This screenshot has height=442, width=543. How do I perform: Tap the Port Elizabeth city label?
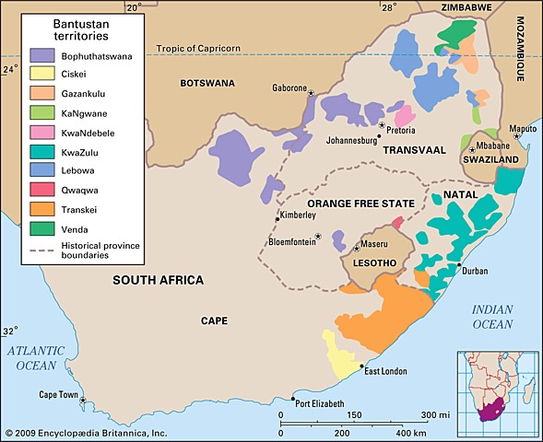[x=319, y=403]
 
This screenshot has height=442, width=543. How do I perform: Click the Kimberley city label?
[x=299, y=215]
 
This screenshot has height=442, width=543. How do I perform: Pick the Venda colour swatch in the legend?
[x=42, y=227]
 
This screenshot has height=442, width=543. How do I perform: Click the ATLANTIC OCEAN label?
[x=42, y=357]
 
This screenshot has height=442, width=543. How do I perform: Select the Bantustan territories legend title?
[x=73, y=30]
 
